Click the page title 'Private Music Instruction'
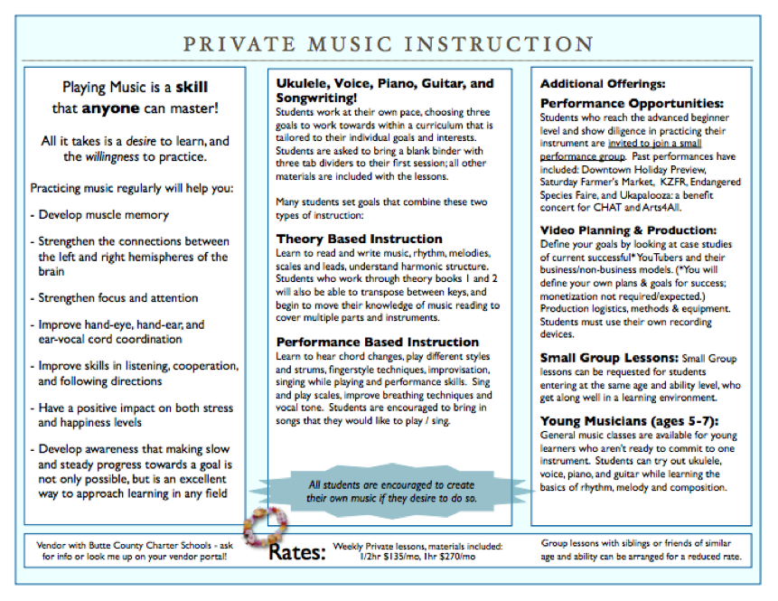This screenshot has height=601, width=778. [x=388, y=43]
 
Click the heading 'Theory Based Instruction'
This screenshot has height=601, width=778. [x=359, y=239]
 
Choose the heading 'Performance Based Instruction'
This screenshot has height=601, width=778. [x=378, y=343]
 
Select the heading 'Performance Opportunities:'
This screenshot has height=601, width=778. [x=632, y=103]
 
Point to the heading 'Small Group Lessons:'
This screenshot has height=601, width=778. [x=607, y=358]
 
